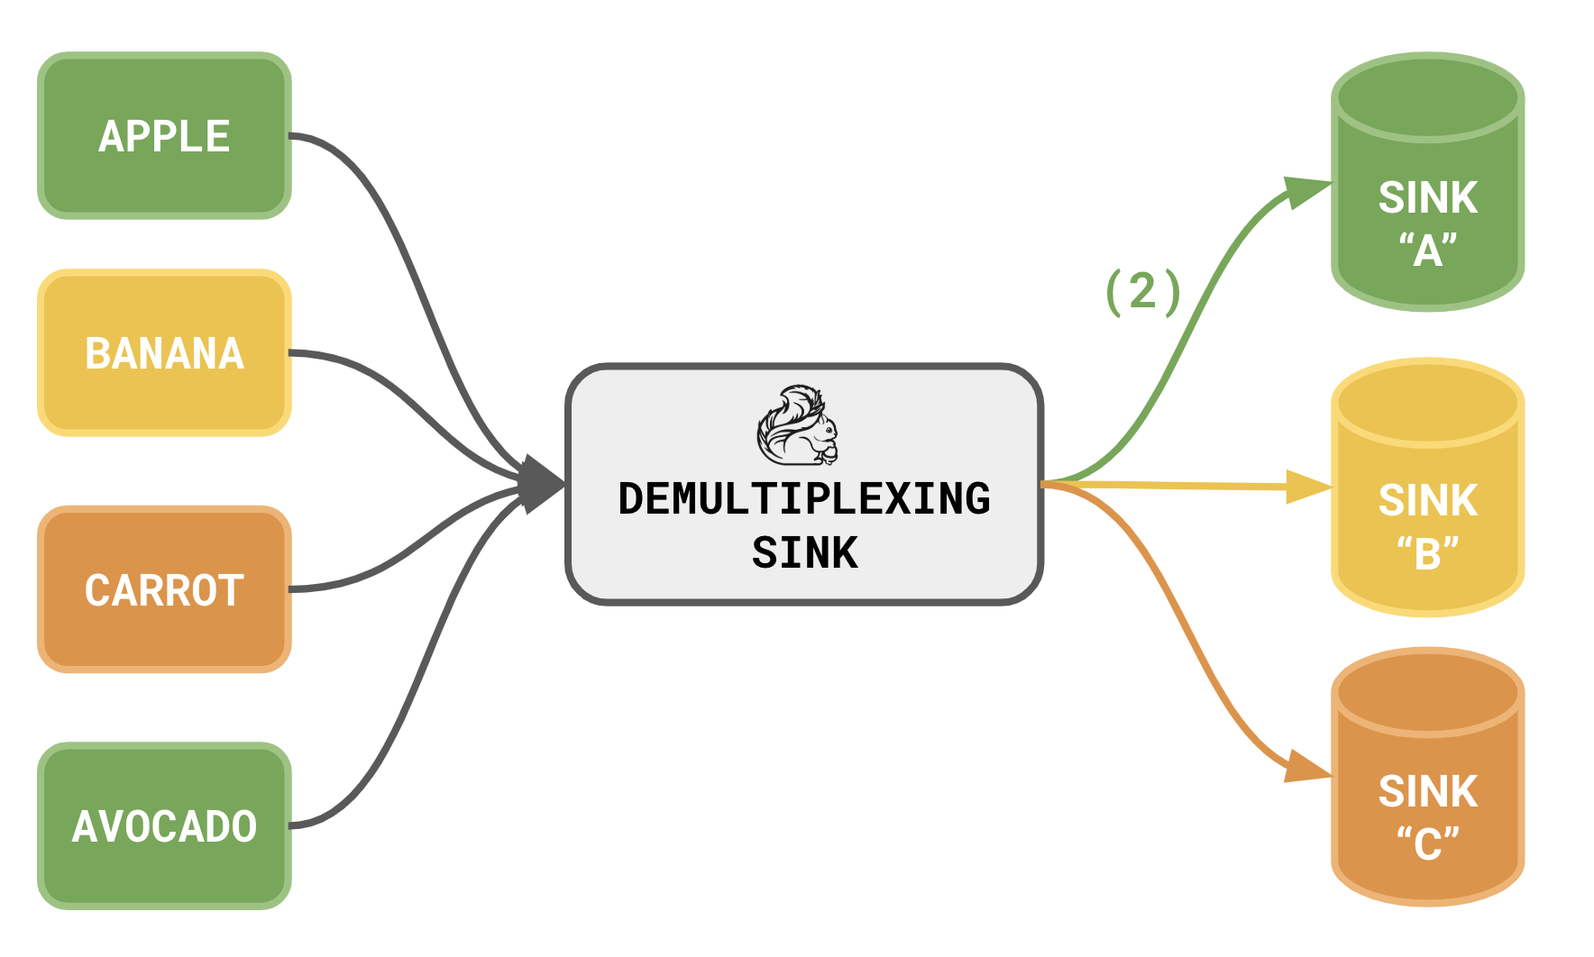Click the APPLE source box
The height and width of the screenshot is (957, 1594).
click(164, 136)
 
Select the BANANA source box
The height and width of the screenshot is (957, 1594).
click(164, 353)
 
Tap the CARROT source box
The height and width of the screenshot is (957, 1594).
click(164, 590)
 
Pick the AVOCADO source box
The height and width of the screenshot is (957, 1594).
click(164, 826)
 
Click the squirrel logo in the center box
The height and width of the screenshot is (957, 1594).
click(798, 425)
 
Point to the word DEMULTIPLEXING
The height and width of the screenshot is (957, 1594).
click(804, 499)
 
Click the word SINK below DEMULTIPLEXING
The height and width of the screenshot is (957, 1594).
click(804, 552)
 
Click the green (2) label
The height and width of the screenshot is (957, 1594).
click(1143, 292)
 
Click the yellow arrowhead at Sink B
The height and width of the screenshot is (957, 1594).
click(1308, 488)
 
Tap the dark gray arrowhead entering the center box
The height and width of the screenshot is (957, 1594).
click(541, 485)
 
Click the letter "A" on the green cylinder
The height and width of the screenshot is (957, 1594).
click(1428, 251)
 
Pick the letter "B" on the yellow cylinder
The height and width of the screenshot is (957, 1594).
click(1428, 554)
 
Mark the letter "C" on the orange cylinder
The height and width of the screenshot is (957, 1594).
click(1428, 845)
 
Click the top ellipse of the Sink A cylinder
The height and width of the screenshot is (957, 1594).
click(1427, 97)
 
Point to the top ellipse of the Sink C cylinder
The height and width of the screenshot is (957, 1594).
click(1427, 693)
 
